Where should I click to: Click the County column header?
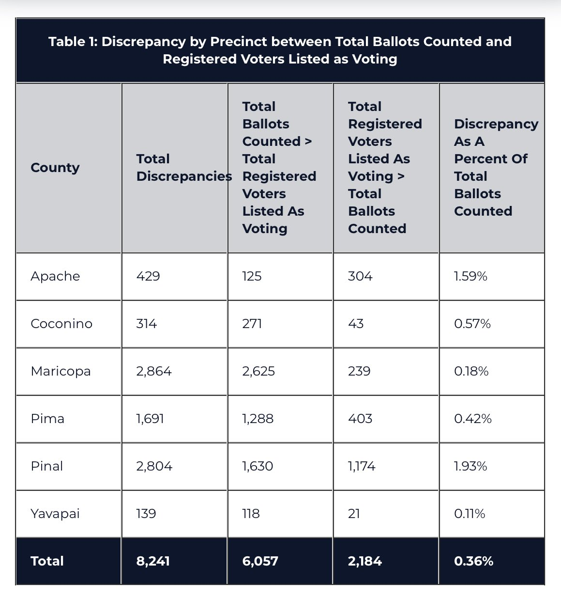click(55, 168)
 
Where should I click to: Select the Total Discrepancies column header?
click(184, 168)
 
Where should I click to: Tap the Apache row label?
click(55, 276)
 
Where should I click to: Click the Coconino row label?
click(61, 324)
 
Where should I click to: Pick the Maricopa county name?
click(61, 372)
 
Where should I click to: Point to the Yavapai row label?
click(55, 514)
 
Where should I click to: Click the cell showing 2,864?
click(154, 372)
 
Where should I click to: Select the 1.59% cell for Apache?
click(470, 276)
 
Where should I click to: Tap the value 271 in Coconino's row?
click(252, 324)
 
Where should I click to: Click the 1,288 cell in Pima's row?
click(258, 419)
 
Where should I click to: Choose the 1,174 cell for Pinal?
click(362, 466)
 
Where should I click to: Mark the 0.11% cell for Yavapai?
click(470, 514)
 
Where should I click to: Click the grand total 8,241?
click(153, 561)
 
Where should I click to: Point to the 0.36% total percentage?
click(473, 561)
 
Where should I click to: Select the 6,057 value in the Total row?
click(260, 561)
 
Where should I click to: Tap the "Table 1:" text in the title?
click(73, 42)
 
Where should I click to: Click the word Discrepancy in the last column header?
click(496, 125)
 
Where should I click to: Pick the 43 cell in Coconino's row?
click(356, 324)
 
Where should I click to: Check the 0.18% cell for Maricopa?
click(471, 372)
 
